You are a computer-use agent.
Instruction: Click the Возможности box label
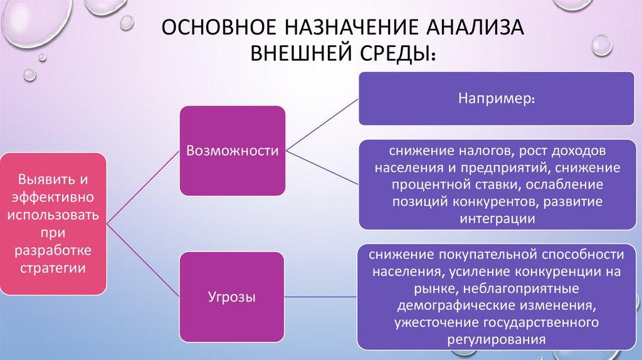tap(233, 151)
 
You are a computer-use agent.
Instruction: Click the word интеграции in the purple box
tap(496, 219)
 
